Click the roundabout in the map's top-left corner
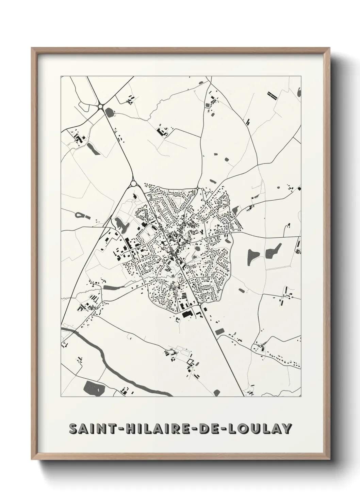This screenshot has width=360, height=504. click(100, 107)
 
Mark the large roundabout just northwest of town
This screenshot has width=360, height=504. click(133, 184)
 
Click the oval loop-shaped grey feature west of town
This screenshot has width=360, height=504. click(79, 215)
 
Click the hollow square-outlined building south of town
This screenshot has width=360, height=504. click(190, 362)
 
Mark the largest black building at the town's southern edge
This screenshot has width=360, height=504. click(186, 314)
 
